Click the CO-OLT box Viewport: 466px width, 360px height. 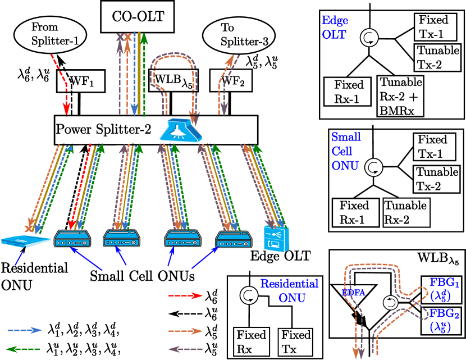coord(138,16)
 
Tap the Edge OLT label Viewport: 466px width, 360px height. coord(335,28)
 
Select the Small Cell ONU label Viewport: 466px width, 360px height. coord(346,151)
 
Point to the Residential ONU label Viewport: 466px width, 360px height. coord(289,290)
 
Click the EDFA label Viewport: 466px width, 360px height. coord(353,293)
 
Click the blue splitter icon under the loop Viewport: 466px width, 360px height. coord(182,130)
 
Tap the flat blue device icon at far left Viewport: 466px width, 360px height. coord(26,241)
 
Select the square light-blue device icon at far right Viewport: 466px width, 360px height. coord(276,238)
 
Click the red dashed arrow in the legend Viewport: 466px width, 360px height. coord(186,295)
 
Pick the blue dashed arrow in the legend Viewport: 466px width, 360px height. coord(24,330)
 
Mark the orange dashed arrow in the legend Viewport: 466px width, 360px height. coord(186,331)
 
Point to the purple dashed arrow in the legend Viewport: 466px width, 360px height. coord(186,349)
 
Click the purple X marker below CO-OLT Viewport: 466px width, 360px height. coord(120,38)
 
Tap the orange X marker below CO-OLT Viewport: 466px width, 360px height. coord(128,38)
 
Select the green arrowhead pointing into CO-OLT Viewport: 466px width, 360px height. coord(144,38)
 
